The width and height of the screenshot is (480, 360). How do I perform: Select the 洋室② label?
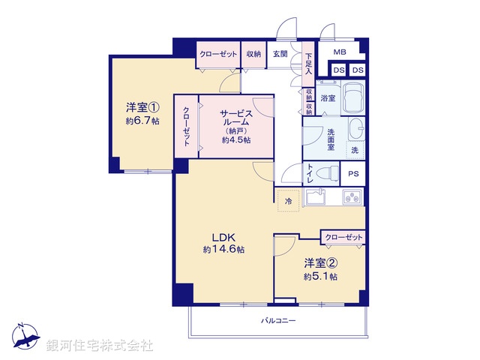pos(319,263)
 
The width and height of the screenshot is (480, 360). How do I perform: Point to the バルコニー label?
pos(278,320)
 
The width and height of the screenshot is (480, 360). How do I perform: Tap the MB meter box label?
pos(340,52)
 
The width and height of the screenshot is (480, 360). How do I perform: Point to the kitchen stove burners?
pos(352,197)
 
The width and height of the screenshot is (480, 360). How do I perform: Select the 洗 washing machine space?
pos(355,149)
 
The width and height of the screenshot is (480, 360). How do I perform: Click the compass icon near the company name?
pos(24,334)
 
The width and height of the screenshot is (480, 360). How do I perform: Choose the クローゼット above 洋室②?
pos(343,237)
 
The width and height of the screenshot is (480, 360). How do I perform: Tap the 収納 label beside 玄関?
pos(253,54)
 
